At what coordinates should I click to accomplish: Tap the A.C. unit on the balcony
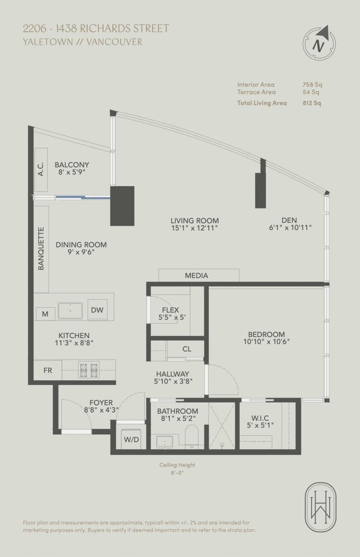point(41,170)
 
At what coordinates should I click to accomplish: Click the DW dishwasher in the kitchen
point(97,310)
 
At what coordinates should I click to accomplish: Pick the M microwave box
point(45,314)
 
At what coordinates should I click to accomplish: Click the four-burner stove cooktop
point(89,370)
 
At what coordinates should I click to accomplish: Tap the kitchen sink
point(70,310)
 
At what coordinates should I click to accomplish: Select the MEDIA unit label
point(196,275)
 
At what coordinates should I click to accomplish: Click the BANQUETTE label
point(41,248)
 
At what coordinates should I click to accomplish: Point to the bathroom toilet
point(192,435)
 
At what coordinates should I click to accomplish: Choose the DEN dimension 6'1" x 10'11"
point(290,228)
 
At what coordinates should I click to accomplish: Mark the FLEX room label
point(170,310)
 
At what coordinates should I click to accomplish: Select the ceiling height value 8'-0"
point(177,473)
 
